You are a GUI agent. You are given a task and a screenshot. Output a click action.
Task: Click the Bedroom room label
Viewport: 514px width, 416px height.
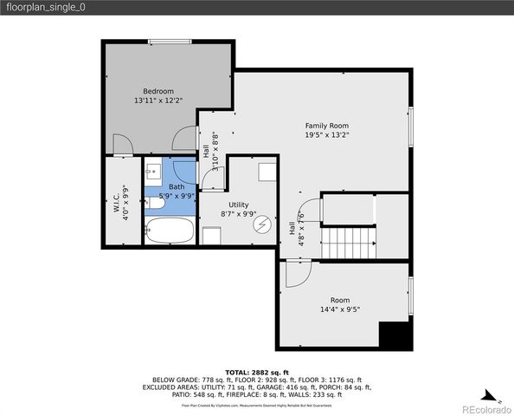pyautogui.click(x=158, y=91)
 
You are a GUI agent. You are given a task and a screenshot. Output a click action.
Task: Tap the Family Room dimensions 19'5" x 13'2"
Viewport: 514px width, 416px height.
pyautogui.click(x=326, y=135)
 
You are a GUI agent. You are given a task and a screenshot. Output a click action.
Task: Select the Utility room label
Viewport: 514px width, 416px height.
pyautogui.click(x=239, y=204)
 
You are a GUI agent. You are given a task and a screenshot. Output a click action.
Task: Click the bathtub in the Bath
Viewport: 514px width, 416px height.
pyautogui.click(x=170, y=231)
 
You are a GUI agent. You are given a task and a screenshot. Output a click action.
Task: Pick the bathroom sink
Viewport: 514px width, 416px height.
pyautogui.click(x=153, y=170)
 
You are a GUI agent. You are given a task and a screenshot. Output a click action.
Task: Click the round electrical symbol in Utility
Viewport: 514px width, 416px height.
pyautogui.click(x=262, y=224)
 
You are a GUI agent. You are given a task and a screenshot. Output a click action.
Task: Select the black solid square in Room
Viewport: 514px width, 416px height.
pyautogui.click(x=394, y=335)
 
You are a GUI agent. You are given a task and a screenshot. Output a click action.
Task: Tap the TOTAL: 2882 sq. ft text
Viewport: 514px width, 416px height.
pyautogui.click(x=256, y=371)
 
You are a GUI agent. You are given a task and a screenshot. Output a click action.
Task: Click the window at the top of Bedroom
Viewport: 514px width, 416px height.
pyautogui.click(x=170, y=41)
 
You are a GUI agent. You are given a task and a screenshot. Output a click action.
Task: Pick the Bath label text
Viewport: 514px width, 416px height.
pyautogui.click(x=177, y=186)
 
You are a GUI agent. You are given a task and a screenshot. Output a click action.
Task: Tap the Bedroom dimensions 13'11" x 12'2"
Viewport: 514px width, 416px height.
pyautogui.click(x=158, y=101)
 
